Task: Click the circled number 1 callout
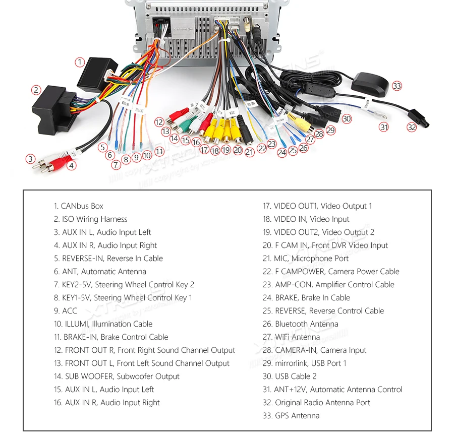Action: pyautogui.click(x=80, y=62)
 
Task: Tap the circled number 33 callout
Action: pyautogui.click(x=397, y=86)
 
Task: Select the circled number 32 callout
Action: pyautogui.click(x=412, y=127)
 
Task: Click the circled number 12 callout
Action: pyautogui.click(x=159, y=122)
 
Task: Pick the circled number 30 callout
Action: pyautogui.click(x=346, y=119)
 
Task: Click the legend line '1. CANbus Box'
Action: pyautogui.click(x=79, y=206)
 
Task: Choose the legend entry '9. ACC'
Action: pyautogui.click(x=66, y=311)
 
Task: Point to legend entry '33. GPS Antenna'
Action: pyautogui.click(x=291, y=416)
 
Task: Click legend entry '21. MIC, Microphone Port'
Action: pyautogui.click(x=305, y=259)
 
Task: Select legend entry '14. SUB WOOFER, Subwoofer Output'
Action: pyautogui.click(x=117, y=376)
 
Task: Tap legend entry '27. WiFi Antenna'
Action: pyautogui.click(x=291, y=337)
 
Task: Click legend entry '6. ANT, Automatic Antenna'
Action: pyautogui.click(x=100, y=272)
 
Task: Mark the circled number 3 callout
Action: pyautogui.click(x=30, y=159)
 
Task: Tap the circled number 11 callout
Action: pyautogui.click(x=159, y=151)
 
